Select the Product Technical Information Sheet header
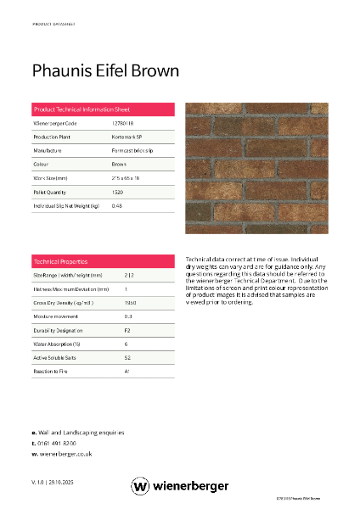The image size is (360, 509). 81,110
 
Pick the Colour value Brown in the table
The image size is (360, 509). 119,164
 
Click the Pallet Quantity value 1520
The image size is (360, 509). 118,192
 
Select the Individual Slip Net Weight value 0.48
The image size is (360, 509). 117,205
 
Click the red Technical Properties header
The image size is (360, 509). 60,261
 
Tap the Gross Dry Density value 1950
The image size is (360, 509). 131,302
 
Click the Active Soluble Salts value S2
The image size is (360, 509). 127,357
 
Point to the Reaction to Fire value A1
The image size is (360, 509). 127,371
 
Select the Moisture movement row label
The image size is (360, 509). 54,316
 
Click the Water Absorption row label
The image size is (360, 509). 56,344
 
